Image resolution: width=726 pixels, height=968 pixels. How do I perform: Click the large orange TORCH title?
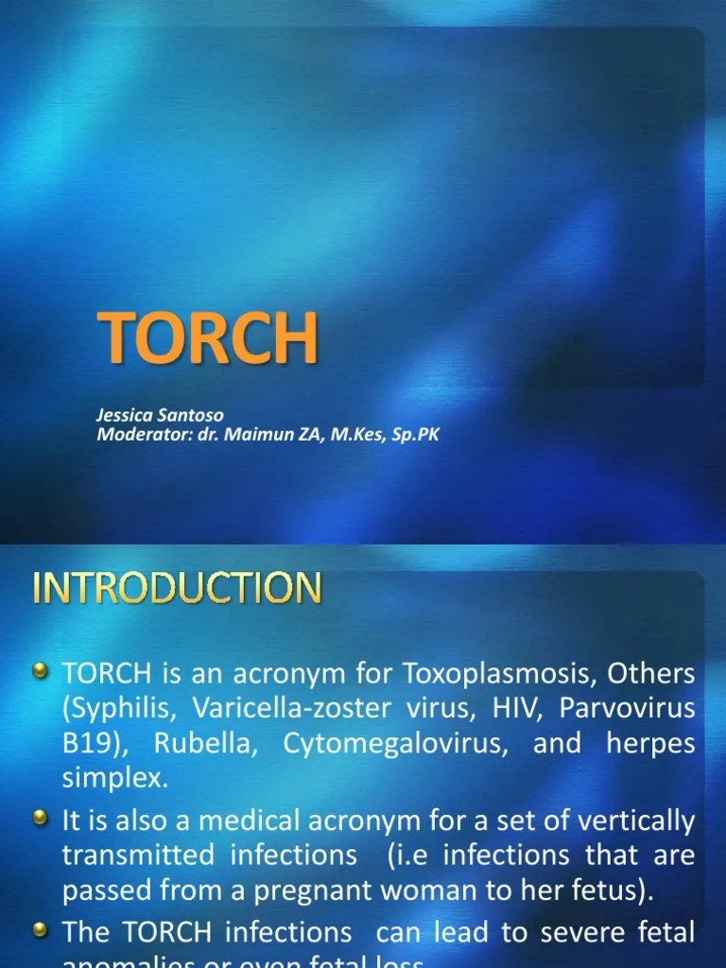[x=207, y=341]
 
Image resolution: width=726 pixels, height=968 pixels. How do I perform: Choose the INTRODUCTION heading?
[x=177, y=589]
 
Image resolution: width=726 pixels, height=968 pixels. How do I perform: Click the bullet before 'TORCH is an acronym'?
[x=41, y=672]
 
